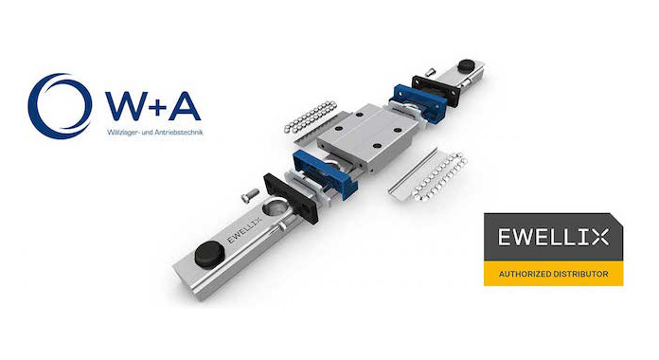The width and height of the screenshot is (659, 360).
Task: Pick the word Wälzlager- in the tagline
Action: (x=120, y=132)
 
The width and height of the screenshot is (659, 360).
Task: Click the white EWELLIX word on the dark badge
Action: (x=553, y=237)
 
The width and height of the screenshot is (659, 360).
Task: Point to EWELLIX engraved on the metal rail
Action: (x=244, y=230)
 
